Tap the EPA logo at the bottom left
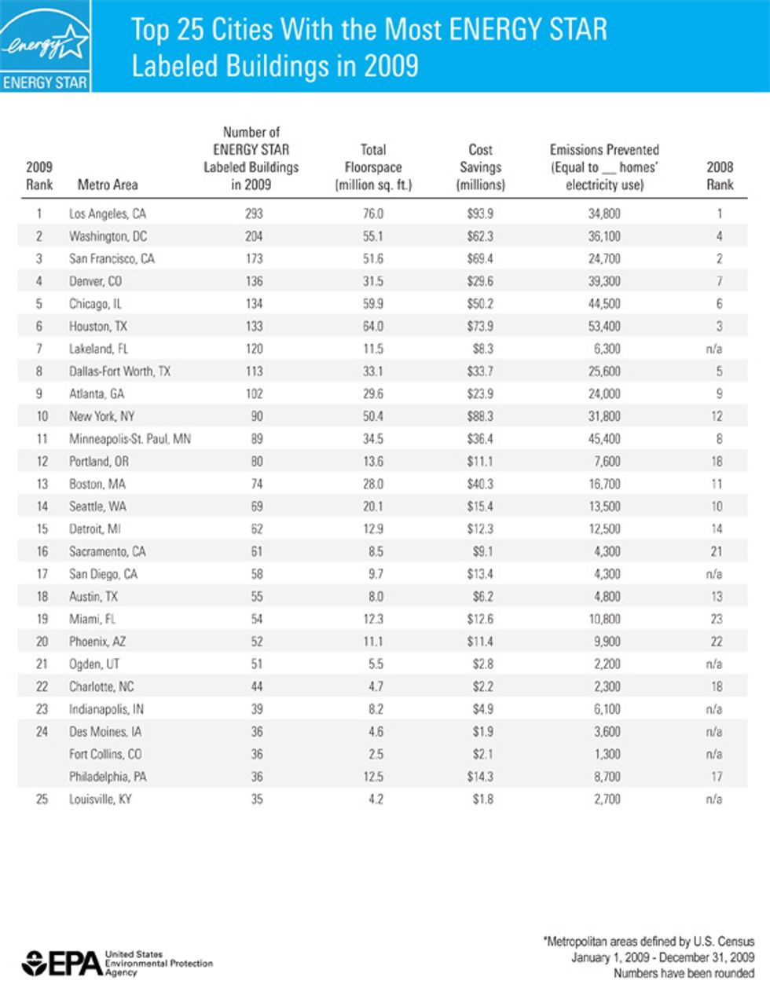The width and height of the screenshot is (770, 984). [63, 962]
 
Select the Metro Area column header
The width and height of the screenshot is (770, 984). [108, 185]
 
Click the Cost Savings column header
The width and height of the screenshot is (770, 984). [480, 167]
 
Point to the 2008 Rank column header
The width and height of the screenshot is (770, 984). [720, 176]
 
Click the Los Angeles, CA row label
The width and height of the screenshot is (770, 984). [108, 214]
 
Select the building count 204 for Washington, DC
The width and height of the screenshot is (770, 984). [253, 236]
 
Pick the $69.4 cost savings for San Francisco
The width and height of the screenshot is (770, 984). [480, 258]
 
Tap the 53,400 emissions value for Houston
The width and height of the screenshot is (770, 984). [604, 326]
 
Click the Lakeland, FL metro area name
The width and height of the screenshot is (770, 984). [98, 349]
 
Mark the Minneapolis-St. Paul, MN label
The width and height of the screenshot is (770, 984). [130, 439]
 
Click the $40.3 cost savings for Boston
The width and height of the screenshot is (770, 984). [480, 484]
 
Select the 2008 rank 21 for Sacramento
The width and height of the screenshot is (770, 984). [717, 551]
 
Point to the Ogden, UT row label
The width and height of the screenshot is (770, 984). [94, 664]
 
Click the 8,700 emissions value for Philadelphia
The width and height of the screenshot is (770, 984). [604, 777]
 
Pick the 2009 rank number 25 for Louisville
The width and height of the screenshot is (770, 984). [42, 799]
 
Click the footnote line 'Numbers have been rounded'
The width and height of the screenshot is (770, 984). [684, 974]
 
